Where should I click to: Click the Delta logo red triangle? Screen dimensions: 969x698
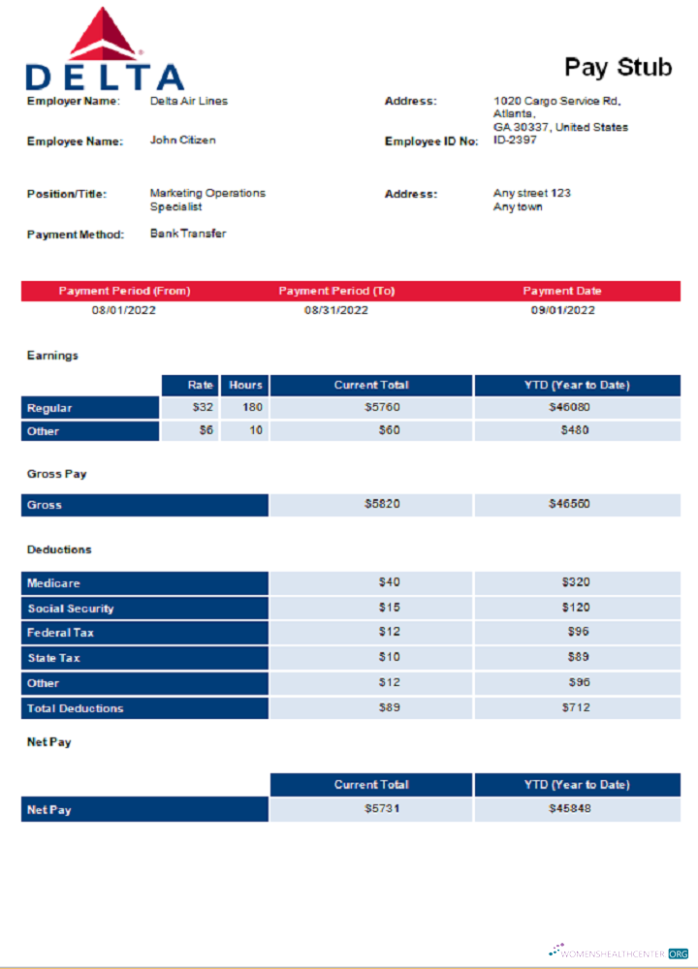[106, 37]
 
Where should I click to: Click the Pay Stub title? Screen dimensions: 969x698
[618, 66]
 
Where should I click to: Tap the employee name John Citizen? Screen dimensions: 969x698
[182, 141]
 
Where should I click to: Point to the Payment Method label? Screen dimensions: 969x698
[76, 234]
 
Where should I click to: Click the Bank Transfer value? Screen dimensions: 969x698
[188, 234]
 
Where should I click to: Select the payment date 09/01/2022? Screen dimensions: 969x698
[562, 310]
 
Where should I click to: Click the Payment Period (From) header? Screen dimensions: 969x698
[124, 291]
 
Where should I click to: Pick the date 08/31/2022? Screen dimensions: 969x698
[336, 310]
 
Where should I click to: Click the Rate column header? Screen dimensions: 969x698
[201, 385]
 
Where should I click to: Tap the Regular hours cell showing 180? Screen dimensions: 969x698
[252, 408]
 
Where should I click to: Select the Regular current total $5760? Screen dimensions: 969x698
[382, 408]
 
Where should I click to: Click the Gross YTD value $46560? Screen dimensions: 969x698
[569, 504]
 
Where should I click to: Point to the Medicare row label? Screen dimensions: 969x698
[53, 583]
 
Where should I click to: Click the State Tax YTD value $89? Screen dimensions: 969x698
[578, 658]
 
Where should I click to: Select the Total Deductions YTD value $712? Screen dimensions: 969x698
[576, 708]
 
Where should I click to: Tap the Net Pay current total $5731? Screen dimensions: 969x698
[382, 809]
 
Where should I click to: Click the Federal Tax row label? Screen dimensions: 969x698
[60, 633]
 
